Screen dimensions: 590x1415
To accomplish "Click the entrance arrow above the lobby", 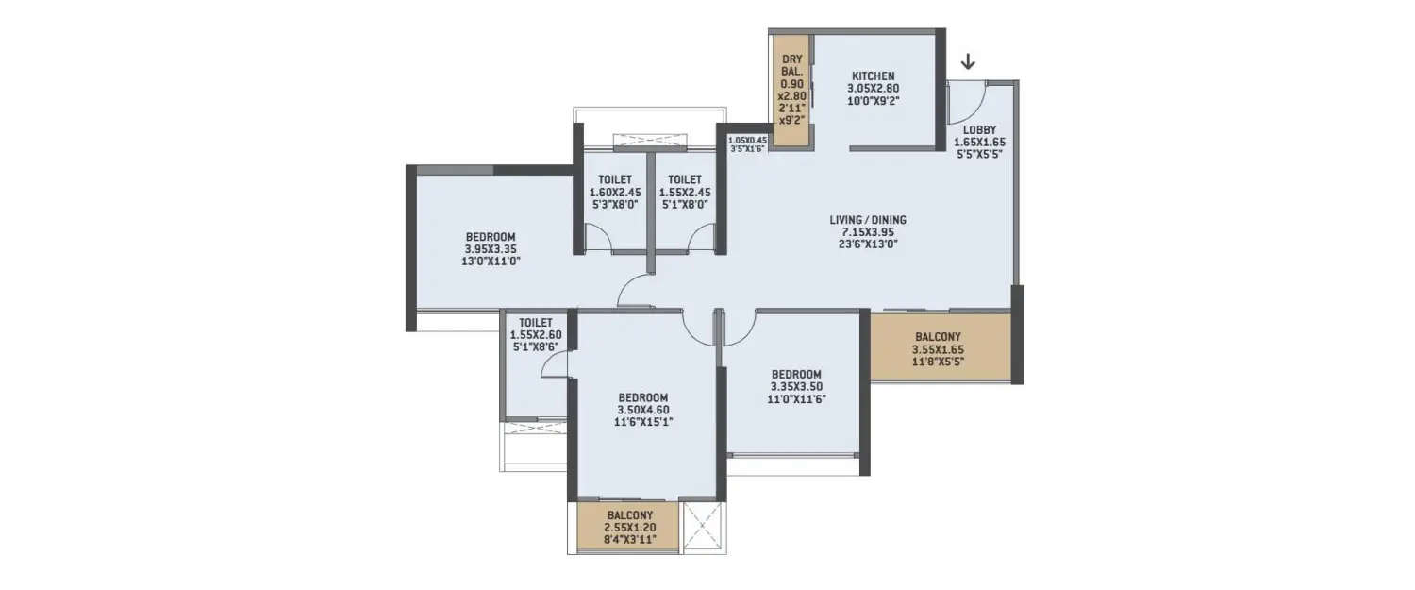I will pyautogui.click(x=968, y=63).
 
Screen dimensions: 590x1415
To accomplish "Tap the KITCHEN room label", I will pyautogui.click(x=873, y=76).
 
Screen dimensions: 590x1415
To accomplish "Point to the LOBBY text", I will pyautogui.click(x=980, y=129).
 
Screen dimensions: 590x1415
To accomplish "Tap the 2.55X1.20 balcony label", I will pyautogui.click(x=631, y=528).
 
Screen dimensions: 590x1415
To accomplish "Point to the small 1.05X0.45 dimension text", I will pyautogui.click(x=747, y=140).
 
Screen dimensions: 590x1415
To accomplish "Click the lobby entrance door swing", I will pyautogui.click(x=969, y=99).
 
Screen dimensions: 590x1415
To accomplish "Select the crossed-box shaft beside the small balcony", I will pyautogui.click(x=701, y=526).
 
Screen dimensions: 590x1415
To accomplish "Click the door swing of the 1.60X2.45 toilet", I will pyautogui.click(x=597, y=238).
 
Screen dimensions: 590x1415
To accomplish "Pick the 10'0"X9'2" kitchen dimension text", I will pyautogui.click(x=873, y=99).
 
